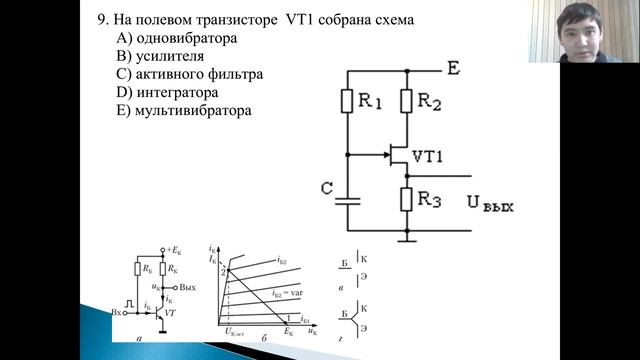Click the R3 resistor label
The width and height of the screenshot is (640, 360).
tap(431, 199)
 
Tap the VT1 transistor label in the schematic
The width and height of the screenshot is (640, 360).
tap(429, 156)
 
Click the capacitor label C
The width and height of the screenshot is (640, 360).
tap(327, 189)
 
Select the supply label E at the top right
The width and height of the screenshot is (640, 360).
tap(453, 69)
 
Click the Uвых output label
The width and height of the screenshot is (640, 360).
tap(489, 205)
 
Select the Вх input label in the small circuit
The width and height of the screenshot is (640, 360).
tap(118, 311)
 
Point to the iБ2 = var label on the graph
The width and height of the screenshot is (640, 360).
tap(290, 292)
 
